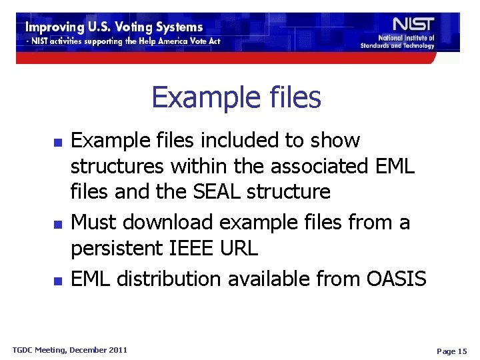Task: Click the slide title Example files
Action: (236, 97)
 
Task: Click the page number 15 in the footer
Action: (452, 351)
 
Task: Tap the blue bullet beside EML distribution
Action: (57, 280)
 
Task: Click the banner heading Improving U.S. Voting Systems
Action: (114, 27)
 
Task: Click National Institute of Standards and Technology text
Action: (397, 42)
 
